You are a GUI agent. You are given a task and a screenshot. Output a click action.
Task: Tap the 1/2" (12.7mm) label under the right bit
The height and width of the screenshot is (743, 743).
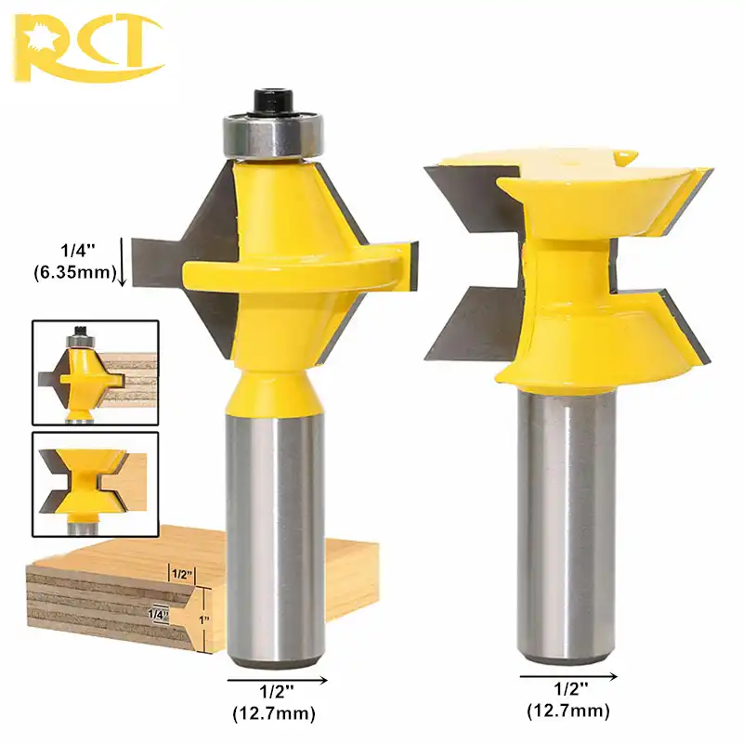coord(568,702)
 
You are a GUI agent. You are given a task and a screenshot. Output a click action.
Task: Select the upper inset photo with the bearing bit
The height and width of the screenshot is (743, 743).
coord(95,372)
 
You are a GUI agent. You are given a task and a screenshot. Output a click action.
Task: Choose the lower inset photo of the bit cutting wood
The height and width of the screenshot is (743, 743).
coord(95,479)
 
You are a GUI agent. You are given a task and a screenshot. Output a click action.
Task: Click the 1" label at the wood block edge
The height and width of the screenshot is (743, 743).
coord(207,618)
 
